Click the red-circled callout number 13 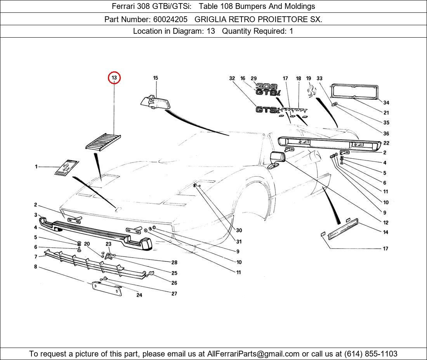[x=114, y=78]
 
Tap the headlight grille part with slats [x=103, y=141]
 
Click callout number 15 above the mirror [x=155, y=78]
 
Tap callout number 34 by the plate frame [x=386, y=103]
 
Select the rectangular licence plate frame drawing [x=354, y=92]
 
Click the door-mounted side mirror [x=277, y=159]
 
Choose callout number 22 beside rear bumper [x=386, y=143]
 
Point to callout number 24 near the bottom [x=139, y=295]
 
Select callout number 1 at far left [x=36, y=167]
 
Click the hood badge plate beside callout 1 [x=66, y=167]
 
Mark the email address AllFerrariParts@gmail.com [x=253, y=354]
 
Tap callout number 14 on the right [x=385, y=232]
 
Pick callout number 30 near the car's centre [x=239, y=230]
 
